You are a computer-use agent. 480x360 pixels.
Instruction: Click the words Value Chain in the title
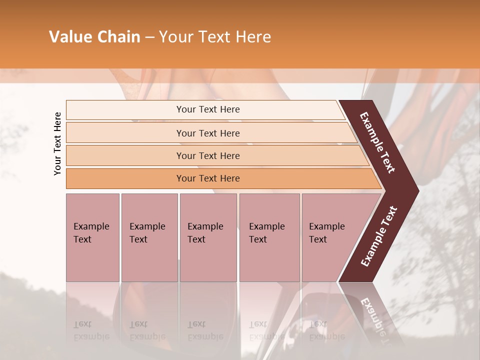pyautogui.click(x=94, y=37)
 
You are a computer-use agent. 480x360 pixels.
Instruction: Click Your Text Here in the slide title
pyautogui.click(x=214, y=37)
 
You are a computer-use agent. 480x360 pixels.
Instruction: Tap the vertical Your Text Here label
pyautogui.click(x=57, y=143)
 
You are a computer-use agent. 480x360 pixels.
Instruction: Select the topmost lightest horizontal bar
pyautogui.click(x=207, y=109)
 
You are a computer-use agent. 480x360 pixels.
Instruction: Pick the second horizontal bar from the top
pyautogui.click(x=207, y=133)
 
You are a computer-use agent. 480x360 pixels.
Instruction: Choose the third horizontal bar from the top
pyautogui.click(x=207, y=155)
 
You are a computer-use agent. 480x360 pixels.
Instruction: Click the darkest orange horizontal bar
pyautogui.click(x=207, y=178)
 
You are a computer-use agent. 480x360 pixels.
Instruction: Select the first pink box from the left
pyautogui.click(x=92, y=237)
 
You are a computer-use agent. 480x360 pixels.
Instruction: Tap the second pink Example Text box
pyautogui.click(x=149, y=237)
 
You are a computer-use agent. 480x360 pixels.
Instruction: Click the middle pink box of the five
pyautogui.click(x=208, y=237)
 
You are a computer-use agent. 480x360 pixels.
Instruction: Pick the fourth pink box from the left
pyautogui.click(x=269, y=237)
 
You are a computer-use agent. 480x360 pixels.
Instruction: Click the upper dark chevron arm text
pyautogui.click(x=377, y=142)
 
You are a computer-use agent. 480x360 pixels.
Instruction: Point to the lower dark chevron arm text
pyautogui.click(x=378, y=236)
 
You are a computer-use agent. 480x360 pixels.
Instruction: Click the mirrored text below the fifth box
pyautogui.click(x=326, y=330)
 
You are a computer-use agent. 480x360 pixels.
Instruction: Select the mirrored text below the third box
pyautogui.click(x=205, y=330)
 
